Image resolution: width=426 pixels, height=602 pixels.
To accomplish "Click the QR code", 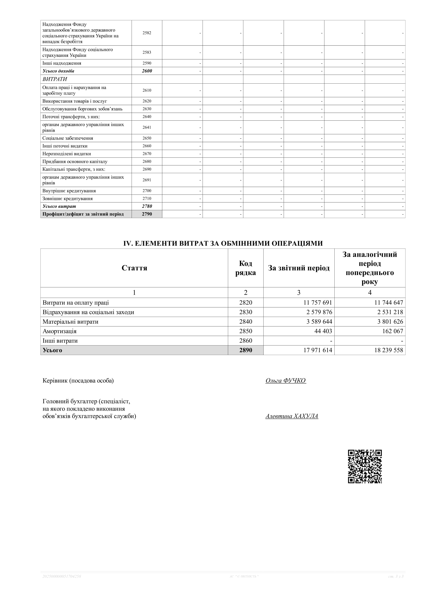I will point(365,466).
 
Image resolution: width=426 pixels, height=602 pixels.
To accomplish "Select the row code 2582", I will point(147,33).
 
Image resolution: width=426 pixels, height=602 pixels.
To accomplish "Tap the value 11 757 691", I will point(318,303).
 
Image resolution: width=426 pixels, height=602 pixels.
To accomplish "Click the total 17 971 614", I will point(318,350).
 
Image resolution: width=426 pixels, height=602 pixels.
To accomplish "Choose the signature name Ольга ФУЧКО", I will point(286,380).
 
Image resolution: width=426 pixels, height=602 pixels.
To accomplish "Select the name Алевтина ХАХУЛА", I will point(292,416).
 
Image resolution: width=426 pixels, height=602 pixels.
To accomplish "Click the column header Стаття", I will point(134,268).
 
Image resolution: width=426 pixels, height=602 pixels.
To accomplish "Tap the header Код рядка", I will point(246,268).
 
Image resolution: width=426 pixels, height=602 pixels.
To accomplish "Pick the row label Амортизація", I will point(59,331).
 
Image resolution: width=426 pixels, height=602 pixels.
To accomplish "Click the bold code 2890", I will point(246,350).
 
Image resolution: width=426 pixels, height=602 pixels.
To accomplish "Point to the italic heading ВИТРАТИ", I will point(55,79).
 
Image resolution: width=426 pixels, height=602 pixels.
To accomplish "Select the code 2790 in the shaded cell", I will point(147,214).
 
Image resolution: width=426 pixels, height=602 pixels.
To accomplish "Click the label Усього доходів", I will point(58,71).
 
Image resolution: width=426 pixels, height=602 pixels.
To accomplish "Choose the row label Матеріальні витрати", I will point(70,322).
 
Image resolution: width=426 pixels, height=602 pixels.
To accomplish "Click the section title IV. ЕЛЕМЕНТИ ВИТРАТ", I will point(223,243).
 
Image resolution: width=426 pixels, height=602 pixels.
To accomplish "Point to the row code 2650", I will point(147,138).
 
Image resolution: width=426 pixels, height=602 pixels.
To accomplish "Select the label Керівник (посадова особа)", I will point(78,380).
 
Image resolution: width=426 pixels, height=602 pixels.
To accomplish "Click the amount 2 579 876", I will point(319,312).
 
